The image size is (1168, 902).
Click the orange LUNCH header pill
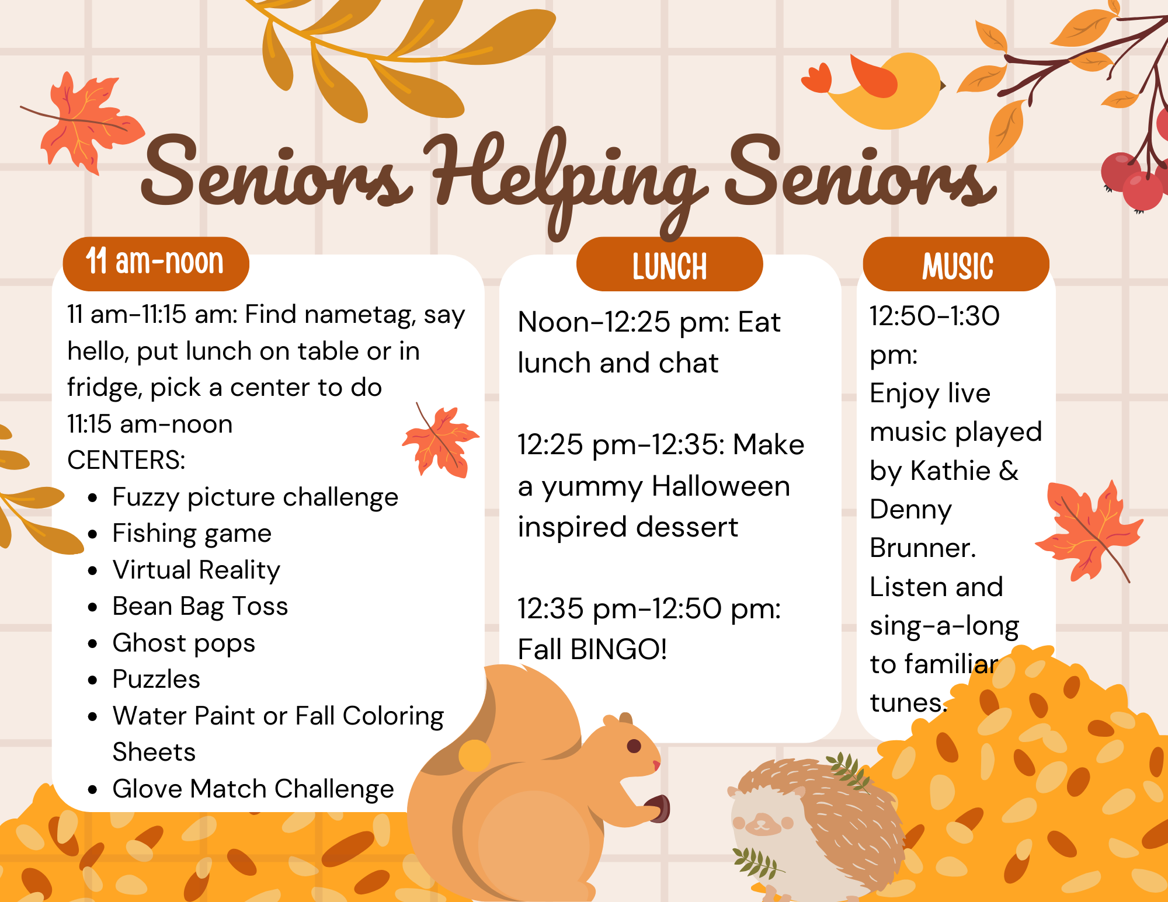point(669,264)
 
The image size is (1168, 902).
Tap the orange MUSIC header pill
point(956,264)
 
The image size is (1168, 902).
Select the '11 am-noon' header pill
point(156,264)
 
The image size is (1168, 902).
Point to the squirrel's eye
point(634,746)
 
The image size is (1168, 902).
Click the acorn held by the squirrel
point(659,808)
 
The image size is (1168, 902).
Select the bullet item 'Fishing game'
point(192,534)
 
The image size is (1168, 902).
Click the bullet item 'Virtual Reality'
point(196,570)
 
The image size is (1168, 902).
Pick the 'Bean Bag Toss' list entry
point(200,607)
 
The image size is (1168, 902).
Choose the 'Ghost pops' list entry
point(184,643)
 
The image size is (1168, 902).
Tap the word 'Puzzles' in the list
point(157,679)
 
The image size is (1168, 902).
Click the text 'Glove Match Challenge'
point(253,789)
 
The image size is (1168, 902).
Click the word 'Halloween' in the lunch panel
point(721,486)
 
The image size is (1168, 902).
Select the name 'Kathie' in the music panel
point(951,471)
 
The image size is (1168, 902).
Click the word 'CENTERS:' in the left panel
point(126,460)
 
